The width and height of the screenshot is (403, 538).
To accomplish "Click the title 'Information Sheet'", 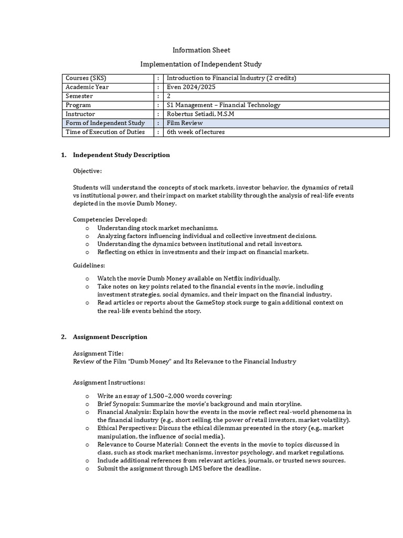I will pyautogui.click(x=201, y=50).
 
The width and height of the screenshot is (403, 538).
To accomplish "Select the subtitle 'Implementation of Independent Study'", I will pyautogui.click(x=201, y=64).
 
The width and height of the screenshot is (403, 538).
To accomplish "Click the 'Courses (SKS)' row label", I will pyautogui.click(x=86, y=78).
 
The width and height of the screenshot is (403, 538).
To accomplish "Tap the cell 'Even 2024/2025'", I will pyautogui.click(x=191, y=87).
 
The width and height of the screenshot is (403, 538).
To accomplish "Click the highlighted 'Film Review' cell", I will pyautogui.click(x=185, y=123).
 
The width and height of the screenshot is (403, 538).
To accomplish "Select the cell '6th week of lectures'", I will pyautogui.click(x=196, y=132).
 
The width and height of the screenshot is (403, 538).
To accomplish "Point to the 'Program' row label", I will pyautogui.click(x=78, y=105).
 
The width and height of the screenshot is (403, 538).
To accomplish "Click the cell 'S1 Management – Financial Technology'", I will pyautogui.click(x=224, y=105).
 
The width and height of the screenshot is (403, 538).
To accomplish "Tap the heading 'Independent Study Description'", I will pyautogui.click(x=121, y=155).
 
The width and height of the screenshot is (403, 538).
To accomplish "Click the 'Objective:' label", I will pyautogui.click(x=88, y=171).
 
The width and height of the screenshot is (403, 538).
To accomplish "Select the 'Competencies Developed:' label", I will pyautogui.click(x=110, y=219).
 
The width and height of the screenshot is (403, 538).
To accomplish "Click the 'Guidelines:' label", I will pyautogui.click(x=89, y=266).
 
